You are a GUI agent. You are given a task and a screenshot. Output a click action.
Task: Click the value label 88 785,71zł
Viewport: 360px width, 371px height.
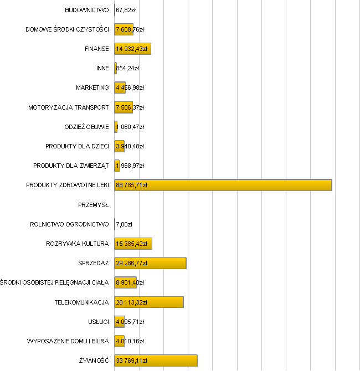coord(131,185)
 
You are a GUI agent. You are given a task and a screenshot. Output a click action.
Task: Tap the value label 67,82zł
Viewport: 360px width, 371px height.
coord(126,10)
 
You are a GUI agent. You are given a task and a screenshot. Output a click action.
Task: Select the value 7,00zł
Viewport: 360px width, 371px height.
coord(124,224)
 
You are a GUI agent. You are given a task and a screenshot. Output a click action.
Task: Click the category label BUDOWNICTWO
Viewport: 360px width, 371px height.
coord(87,10)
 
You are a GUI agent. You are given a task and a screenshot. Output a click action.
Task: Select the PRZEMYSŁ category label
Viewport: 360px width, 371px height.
coord(94,205)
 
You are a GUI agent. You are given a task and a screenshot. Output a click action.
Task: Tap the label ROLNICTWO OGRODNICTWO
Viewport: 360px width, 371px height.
coord(69,224)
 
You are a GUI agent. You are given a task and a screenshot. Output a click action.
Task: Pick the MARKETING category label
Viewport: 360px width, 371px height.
coord(92,87)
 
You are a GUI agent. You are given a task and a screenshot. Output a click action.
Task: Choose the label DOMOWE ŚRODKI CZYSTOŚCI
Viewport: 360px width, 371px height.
coord(67,29)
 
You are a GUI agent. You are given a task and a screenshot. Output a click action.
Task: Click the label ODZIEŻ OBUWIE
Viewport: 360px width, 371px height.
coord(86,127)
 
